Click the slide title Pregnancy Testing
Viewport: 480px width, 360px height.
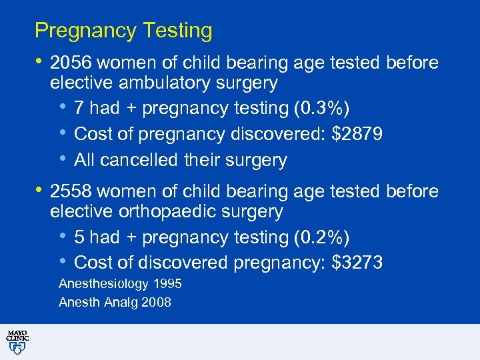coord(123,31)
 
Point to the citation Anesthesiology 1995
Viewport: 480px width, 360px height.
coord(120,284)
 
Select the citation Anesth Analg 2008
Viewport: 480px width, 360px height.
coord(115,303)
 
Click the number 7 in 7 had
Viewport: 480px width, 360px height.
coord(79,109)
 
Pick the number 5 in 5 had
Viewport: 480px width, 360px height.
coord(79,237)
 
